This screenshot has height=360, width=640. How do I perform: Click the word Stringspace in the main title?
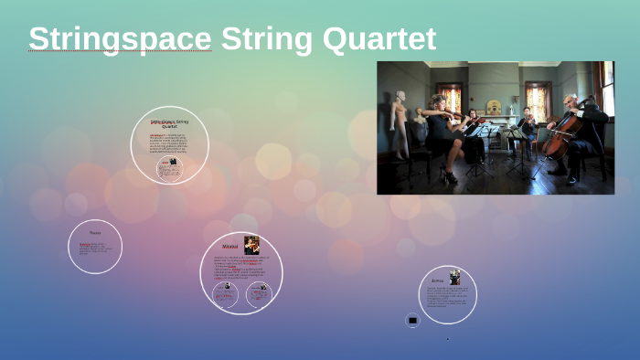coord(120,39)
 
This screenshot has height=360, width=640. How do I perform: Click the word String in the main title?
coord(264,39)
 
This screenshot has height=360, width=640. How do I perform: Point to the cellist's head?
coord(572,102)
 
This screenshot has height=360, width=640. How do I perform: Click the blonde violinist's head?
coord(438,102)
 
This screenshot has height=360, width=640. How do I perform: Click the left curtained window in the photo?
coord(451,101)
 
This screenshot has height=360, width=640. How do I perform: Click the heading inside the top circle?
coord(169,122)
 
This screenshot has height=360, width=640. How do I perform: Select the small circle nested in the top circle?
coord(169,167)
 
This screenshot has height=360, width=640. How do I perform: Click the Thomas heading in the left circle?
coord(95,233)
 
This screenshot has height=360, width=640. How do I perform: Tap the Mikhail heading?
coord(230,246)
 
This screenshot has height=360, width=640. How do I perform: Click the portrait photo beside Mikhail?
coord(251,244)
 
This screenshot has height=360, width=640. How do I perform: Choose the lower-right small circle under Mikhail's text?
coord(261,292)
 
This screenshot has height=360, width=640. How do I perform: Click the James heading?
coord(439,281)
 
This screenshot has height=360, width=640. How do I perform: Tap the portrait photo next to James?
coord(454,277)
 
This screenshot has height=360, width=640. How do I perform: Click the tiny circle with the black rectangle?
coord(412,321)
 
